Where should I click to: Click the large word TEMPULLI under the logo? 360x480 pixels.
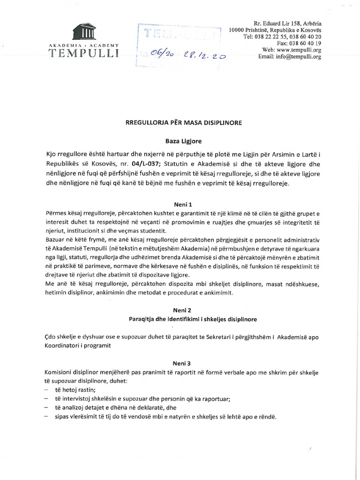click(x=84, y=53)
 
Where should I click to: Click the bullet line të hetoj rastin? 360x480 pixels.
click(x=75, y=390)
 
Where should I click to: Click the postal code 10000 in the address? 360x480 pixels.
click(x=238, y=30)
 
